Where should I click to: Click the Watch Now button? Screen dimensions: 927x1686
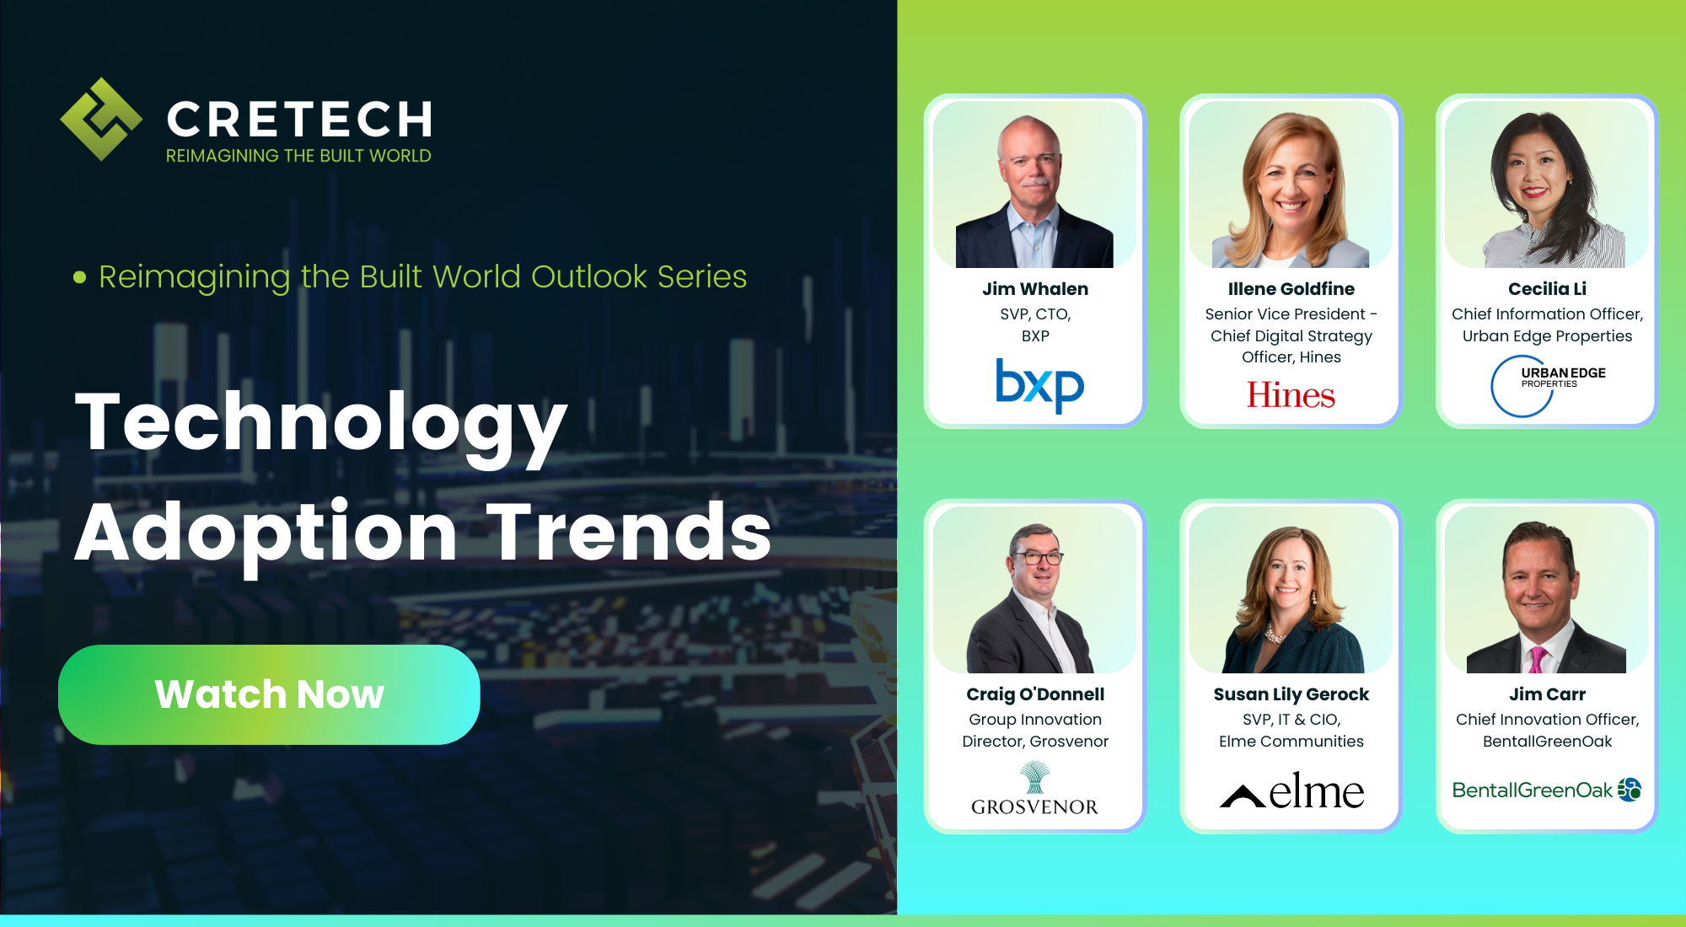269,694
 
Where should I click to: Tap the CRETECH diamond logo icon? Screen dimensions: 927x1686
101,119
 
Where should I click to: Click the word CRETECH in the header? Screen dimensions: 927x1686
299,120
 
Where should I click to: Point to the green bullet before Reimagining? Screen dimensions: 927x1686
80,277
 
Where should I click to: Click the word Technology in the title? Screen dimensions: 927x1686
321,424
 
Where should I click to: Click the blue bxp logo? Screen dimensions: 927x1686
1039,385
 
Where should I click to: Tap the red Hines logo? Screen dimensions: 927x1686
1291,395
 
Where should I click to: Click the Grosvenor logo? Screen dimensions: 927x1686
1034,790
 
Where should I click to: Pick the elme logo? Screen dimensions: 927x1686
1291,791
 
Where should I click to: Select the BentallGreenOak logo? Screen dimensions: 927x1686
1546,790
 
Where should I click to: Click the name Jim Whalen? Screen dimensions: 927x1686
1035,289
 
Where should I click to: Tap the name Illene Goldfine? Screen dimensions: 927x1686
1291,289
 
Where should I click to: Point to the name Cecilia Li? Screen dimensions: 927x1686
1547,289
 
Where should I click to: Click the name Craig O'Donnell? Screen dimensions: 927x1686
1035,694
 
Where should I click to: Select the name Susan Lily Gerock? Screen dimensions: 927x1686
1291,694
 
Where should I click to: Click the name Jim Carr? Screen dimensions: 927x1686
1547,694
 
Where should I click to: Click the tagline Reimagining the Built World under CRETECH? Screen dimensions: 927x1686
298,156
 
